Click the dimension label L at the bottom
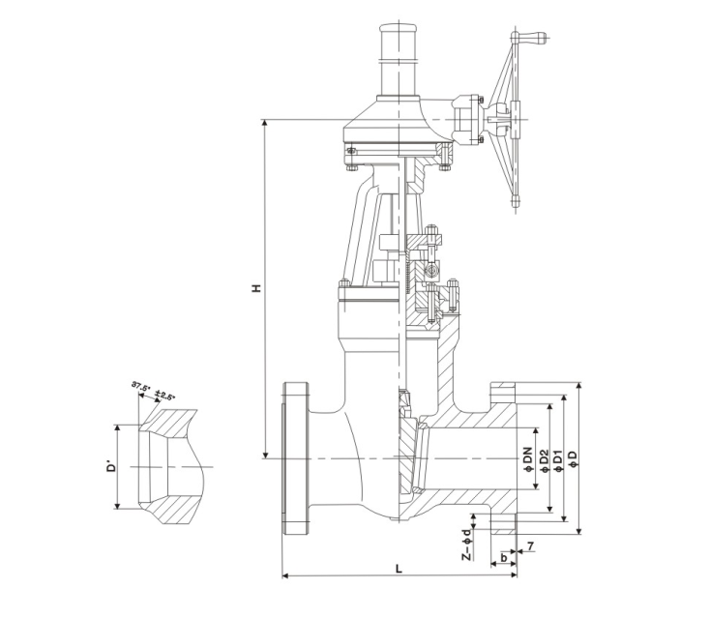pyautogui.click(x=399, y=569)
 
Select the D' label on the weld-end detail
pyautogui.click(x=111, y=467)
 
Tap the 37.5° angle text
pyautogui.click(x=141, y=387)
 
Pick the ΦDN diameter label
pyautogui.click(x=528, y=456)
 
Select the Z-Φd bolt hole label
pyautogui.click(x=465, y=543)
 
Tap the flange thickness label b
pyautogui.click(x=504, y=558)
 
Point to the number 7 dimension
pyautogui.click(x=530, y=548)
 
